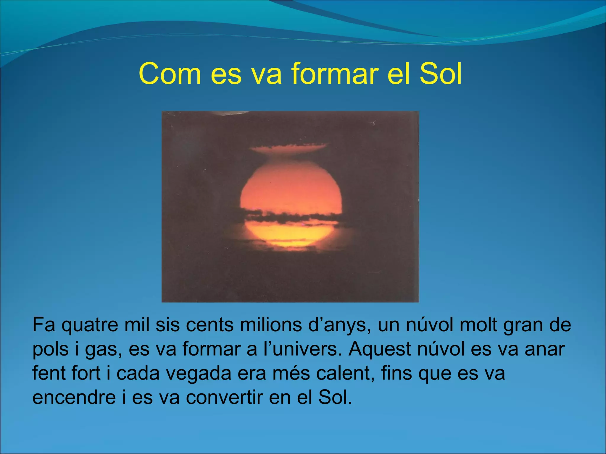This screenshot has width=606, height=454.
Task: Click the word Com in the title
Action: click(x=170, y=74)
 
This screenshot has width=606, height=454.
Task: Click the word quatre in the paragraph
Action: click(x=90, y=325)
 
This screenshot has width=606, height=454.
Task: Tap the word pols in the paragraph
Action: click(x=50, y=350)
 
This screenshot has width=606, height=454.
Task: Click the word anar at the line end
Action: click(x=544, y=349)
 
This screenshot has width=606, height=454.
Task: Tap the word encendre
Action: click(x=74, y=398)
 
